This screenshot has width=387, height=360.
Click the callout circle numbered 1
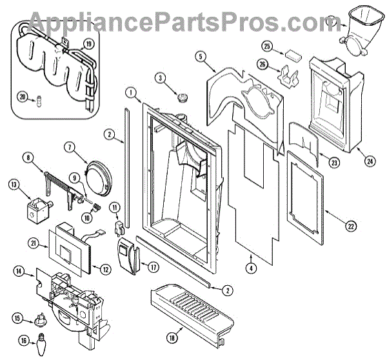point(131,92)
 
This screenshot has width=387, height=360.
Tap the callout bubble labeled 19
point(88,45)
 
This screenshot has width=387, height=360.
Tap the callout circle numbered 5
point(202,56)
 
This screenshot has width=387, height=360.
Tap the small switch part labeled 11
point(117,226)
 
